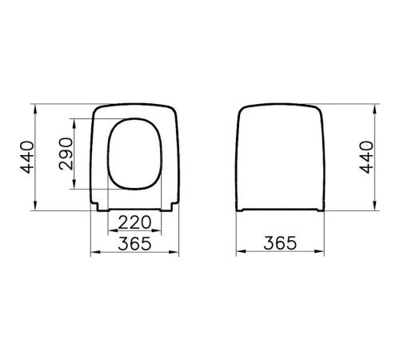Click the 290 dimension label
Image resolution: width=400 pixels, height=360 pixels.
coord(66,154)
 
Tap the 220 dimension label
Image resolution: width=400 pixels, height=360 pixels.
coord(134,222)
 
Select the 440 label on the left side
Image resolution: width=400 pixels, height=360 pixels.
coord(27,158)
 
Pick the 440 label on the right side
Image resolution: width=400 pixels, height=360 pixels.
coord(366,158)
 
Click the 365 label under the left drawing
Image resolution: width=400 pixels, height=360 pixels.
coord(134,243)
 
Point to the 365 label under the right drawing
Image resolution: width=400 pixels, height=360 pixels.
coord(280,243)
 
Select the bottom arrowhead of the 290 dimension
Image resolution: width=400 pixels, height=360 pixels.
coord(74,184)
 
